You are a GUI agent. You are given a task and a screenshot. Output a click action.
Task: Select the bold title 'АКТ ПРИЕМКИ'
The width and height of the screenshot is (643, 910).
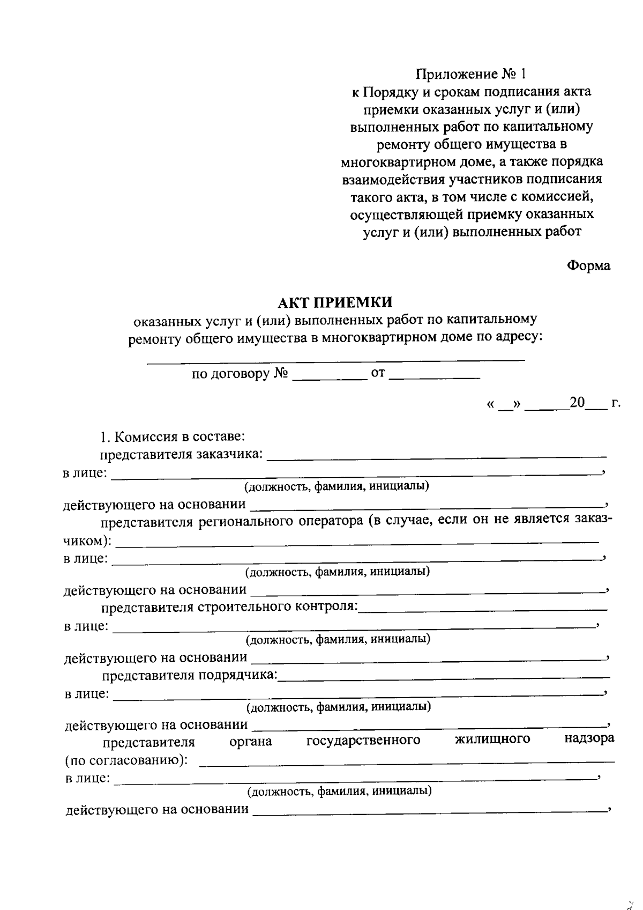335,302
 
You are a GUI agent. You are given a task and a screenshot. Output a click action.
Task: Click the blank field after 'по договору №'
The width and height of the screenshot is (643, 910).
328,375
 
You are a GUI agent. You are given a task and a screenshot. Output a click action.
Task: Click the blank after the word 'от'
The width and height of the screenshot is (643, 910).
434,375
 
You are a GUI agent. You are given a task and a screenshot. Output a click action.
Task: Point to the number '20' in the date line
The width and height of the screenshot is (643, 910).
578,403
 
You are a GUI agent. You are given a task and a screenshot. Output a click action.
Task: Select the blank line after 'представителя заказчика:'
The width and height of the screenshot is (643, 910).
436,456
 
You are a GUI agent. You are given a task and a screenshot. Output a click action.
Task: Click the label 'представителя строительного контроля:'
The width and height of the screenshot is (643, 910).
230,607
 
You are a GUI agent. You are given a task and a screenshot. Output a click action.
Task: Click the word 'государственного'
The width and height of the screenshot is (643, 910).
363,741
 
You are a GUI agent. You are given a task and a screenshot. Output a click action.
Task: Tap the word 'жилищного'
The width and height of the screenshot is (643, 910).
492,739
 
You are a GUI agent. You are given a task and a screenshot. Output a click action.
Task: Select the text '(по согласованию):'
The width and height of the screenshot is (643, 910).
126,761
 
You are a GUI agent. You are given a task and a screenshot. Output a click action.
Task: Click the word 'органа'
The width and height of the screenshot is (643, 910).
250,742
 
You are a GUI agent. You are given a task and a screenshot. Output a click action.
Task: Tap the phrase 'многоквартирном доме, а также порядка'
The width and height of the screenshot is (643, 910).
472,162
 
